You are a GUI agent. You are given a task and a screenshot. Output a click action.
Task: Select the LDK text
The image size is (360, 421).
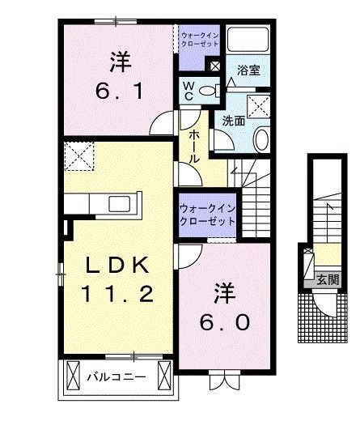pos(119,266)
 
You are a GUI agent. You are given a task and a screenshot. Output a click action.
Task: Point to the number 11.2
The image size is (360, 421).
pos(119,295)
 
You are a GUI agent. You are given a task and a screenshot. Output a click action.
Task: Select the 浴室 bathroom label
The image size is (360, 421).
pos(248,71)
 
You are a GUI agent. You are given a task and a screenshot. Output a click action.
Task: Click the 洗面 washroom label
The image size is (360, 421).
pos(234,121)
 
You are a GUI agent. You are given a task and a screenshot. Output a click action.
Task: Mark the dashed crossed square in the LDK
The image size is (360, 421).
pos(80,156)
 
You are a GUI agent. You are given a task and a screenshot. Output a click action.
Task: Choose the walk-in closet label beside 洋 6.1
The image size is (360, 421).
pos(199,39)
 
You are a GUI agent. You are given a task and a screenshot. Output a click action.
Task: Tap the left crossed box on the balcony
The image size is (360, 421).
pos(72,376)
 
